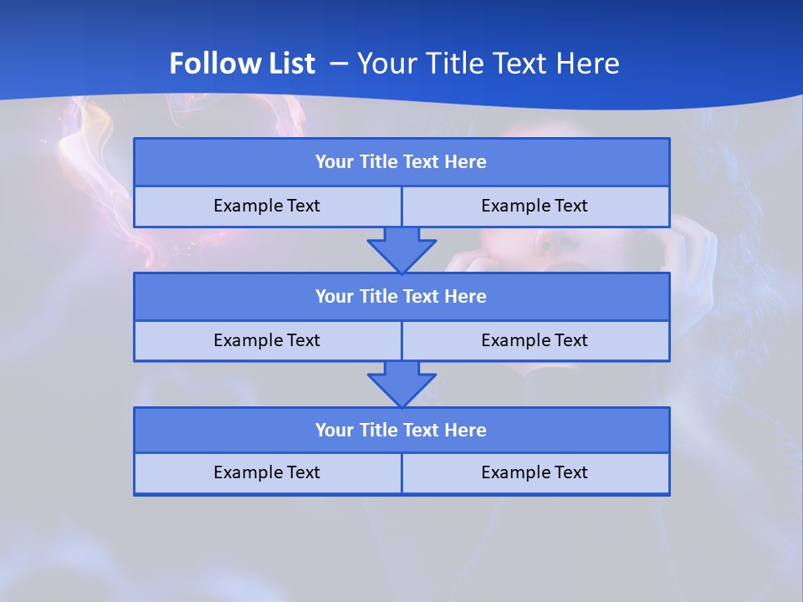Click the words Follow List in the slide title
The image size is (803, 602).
coord(242,64)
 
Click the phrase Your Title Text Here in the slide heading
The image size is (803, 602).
coord(488,64)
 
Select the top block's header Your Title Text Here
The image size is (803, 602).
coord(401,162)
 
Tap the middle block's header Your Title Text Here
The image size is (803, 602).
coord(401,297)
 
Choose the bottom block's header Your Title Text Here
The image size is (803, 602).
coord(401,431)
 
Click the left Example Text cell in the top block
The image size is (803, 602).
coord(267,206)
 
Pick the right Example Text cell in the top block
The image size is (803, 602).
coord(534,206)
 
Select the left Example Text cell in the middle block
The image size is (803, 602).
coord(267,340)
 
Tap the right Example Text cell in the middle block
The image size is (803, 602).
coord(534,340)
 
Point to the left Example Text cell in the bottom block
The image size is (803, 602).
coord(267,472)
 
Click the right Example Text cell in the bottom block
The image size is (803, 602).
coord(534,472)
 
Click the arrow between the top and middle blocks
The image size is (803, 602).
coord(401,249)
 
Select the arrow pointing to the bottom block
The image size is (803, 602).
coord(401,384)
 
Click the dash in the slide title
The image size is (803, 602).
coord(339,64)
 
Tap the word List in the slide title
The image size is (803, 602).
coord(290,64)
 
